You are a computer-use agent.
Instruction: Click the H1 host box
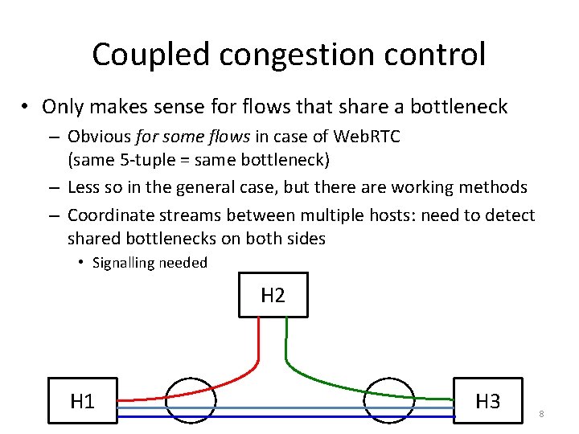(x=82, y=400)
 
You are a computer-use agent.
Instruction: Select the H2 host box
(x=273, y=295)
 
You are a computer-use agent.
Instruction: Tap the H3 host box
(x=487, y=400)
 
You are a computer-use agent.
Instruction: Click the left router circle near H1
(x=191, y=399)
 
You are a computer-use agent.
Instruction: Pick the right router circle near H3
(x=388, y=399)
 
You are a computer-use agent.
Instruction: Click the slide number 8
(x=542, y=414)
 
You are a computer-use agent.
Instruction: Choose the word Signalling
(x=124, y=263)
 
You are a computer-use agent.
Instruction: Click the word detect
(x=511, y=215)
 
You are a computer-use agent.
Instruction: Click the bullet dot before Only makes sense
(x=27, y=107)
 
